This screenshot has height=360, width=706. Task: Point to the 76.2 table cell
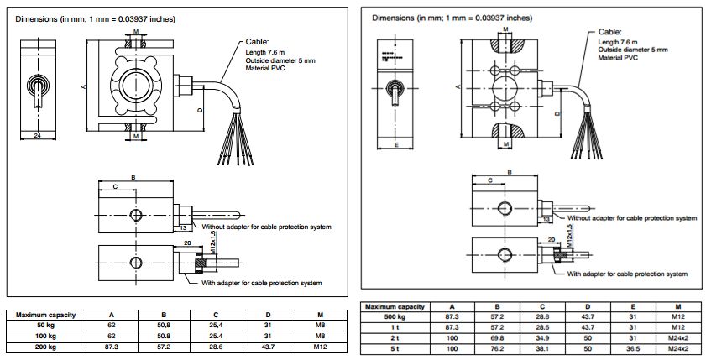[x=498, y=347]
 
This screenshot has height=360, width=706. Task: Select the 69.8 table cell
[x=498, y=337]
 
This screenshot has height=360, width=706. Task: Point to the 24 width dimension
[x=37, y=134]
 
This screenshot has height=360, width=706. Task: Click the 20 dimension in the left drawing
[x=187, y=242]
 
